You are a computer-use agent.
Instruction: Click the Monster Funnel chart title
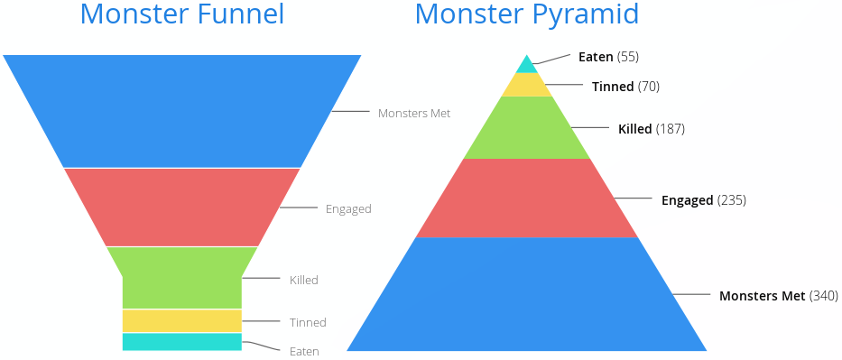(181, 14)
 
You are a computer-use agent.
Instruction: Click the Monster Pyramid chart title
(527, 14)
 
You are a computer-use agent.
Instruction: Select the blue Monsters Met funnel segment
(181, 111)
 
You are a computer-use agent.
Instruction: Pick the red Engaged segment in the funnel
(181, 207)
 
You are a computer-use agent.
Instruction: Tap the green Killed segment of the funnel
(181, 277)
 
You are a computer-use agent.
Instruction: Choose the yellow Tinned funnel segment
(181, 320)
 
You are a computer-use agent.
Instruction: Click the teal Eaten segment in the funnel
(181, 341)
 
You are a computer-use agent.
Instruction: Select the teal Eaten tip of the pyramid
(526, 66)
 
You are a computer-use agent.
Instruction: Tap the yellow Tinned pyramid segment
(526, 85)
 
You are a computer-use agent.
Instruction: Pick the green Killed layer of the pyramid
(526, 128)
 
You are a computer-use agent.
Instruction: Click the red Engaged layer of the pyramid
(526, 198)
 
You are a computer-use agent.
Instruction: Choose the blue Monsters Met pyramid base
(526, 294)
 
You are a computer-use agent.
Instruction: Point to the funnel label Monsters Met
(414, 114)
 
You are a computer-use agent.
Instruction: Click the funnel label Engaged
(348, 209)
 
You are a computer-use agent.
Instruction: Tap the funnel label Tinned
(308, 322)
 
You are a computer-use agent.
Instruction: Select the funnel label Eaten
(304, 351)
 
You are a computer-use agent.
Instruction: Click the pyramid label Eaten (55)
(608, 57)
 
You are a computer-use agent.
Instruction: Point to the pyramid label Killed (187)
(651, 129)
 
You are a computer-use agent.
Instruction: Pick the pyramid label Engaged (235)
(703, 200)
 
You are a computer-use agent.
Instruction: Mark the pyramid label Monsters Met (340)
(778, 296)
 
